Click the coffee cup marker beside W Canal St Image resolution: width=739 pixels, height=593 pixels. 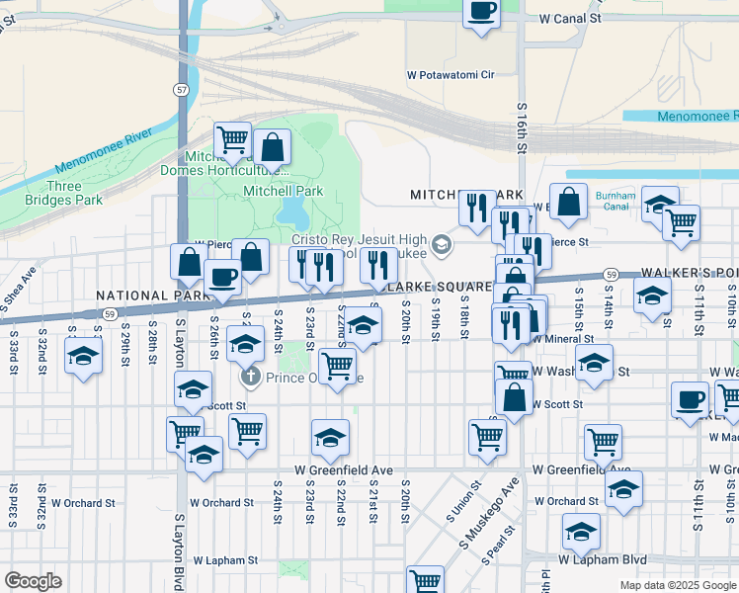tap(481, 13)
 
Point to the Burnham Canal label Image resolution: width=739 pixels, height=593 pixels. tap(616, 201)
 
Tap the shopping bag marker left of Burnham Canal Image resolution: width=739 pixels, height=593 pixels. tap(568, 204)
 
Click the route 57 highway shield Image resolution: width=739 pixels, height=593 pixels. tap(181, 89)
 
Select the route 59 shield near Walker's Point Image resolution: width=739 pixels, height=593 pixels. tap(613, 274)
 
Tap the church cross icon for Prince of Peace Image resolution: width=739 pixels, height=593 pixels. tap(251, 377)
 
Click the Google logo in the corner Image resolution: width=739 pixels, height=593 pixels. tap(33, 581)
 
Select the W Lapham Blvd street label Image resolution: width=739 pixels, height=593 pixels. tap(602, 559)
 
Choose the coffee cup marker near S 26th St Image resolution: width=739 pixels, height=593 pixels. tap(223, 278)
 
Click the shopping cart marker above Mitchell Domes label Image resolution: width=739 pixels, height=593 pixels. tap(232, 140)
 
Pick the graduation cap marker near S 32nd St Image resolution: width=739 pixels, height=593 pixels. tap(84, 358)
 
